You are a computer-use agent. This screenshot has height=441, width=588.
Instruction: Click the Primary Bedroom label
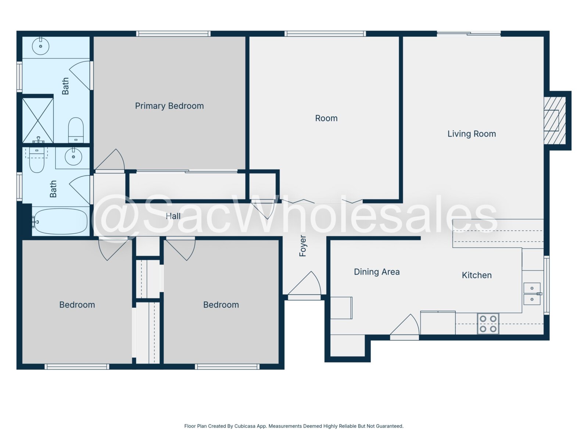click(169, 106)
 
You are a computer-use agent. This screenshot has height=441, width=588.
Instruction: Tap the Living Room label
click(472, 134)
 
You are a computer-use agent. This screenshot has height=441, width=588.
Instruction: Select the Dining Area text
click(377, 272)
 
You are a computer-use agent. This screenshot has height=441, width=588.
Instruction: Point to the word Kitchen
click(477, 275)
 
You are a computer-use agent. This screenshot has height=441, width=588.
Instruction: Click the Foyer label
click(302, 246)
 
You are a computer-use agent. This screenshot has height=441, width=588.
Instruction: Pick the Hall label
click(173, 216)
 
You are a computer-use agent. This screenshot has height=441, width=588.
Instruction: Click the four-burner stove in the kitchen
click(488, 323)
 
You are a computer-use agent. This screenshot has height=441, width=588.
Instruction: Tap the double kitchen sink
click(532, 294)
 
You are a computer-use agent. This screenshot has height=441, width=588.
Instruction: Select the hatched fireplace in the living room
click(555, 121)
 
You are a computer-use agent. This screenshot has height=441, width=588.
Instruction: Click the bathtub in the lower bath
click(61, 222)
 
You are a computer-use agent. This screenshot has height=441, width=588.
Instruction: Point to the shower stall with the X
click(38, 120)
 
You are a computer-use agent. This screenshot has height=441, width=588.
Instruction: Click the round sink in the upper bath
click(41, 46)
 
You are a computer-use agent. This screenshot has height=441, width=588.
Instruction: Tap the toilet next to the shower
click(76, 130)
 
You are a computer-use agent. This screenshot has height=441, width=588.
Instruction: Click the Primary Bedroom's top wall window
click(173, 34)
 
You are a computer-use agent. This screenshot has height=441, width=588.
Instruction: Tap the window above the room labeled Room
click(325, 34)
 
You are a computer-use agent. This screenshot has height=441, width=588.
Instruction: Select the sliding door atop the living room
click(469, 34)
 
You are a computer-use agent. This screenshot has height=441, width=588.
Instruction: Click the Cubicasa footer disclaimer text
click(294, 426)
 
